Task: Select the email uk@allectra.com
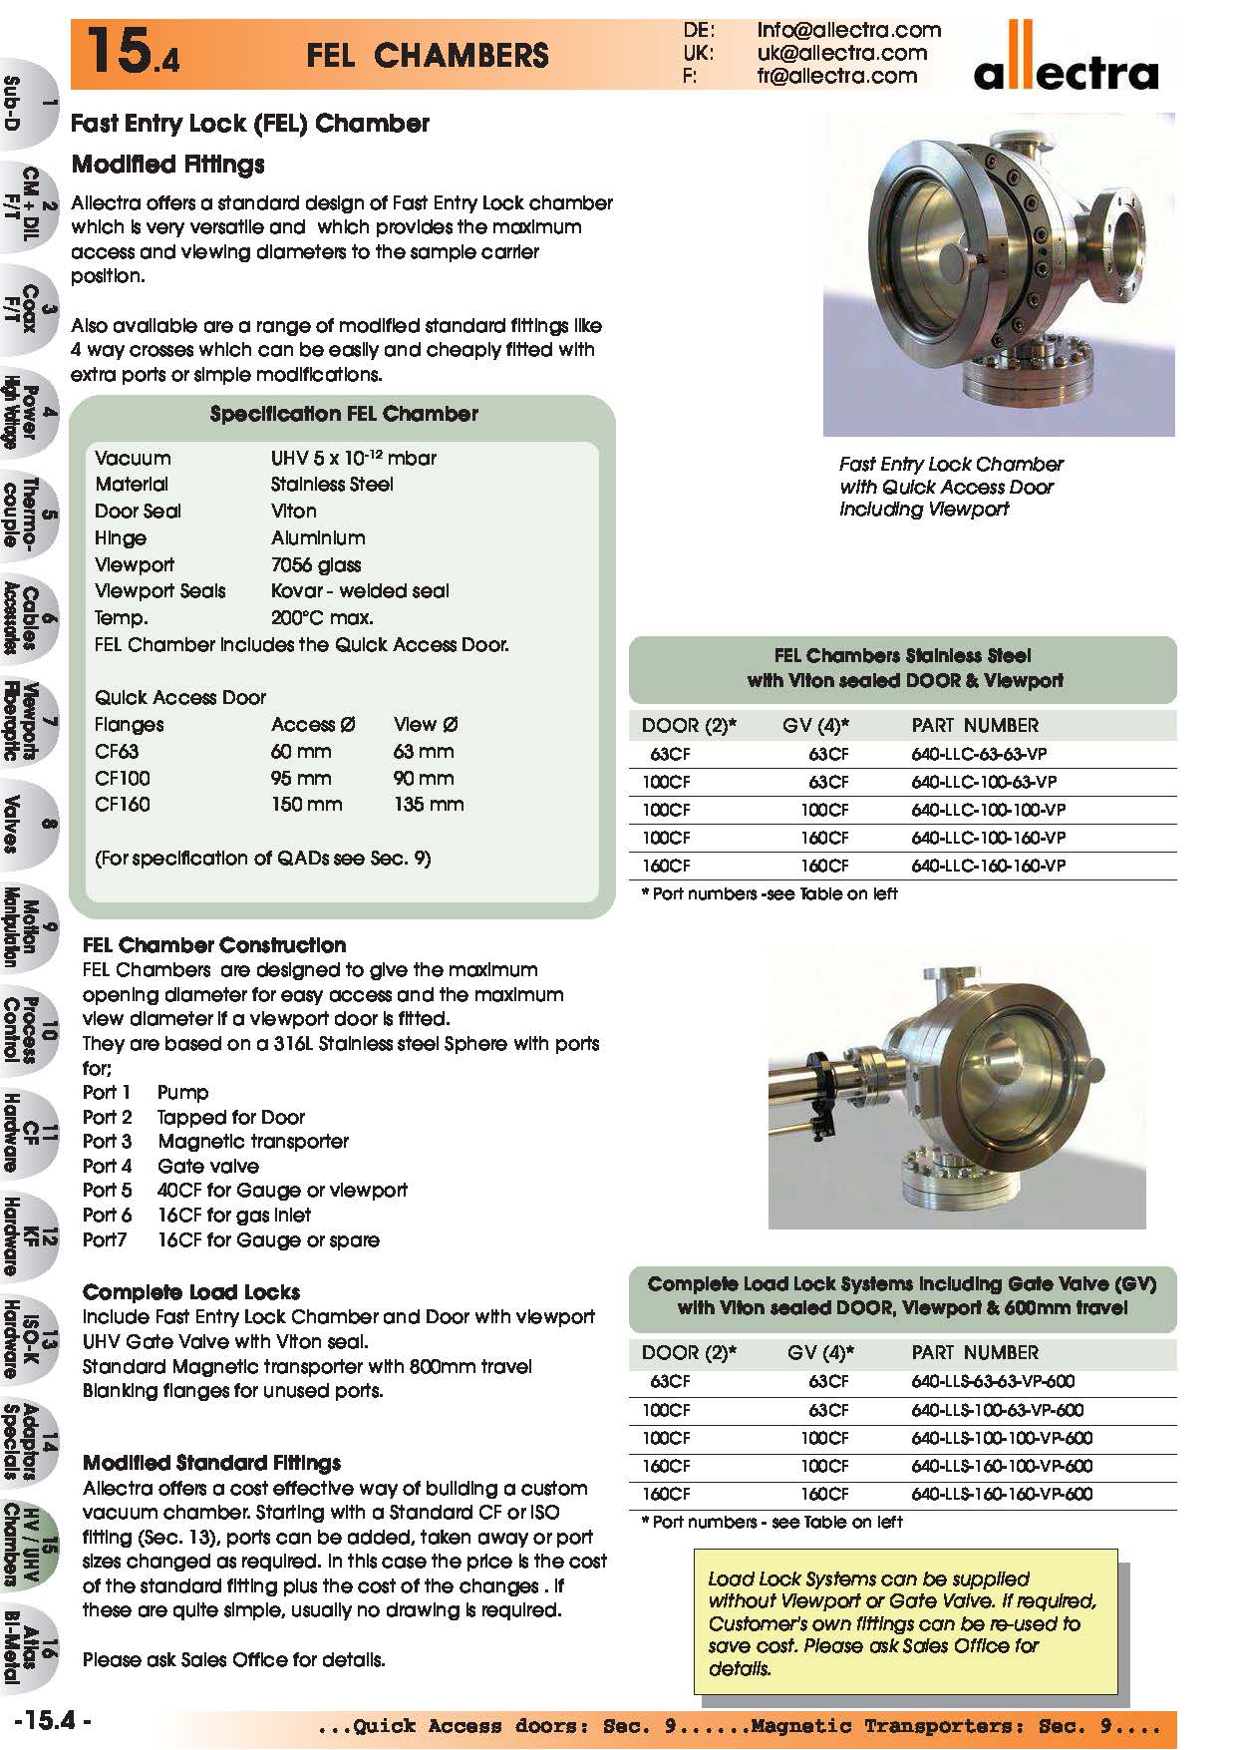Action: click(841, 53)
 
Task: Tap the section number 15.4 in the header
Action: click(132, 53)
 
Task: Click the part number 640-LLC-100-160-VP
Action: click(988, 838)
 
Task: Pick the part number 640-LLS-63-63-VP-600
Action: click(992, 1381)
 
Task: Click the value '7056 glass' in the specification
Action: click(316, 564)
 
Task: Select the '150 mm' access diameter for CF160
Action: click(306, 804)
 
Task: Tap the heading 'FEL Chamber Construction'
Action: click(214, 944)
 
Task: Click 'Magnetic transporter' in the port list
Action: click(253, 1141)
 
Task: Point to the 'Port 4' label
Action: click(107, 1166)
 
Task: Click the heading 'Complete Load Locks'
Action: click(191, 1291)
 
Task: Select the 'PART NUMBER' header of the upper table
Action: click(974, 725)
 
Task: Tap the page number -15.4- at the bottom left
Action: click(54, 1720)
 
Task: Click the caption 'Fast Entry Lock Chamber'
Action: click(951, 464)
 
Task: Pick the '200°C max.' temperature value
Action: click(322, 617)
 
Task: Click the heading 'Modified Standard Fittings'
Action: click(211, 1463)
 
